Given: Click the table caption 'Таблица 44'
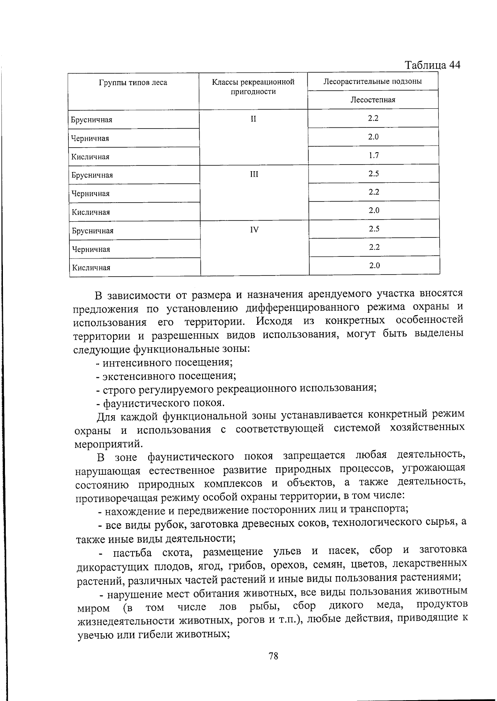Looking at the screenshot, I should tap(432, 65).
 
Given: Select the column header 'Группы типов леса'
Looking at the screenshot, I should tap(133, 83).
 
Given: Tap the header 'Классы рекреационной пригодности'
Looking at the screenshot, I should tap(253, 87).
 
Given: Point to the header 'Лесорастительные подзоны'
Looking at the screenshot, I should tap(373, 81).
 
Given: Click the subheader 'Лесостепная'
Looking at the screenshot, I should tap(373, 100).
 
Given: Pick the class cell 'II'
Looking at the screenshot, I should tap(253, 119).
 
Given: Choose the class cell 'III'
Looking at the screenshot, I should tap(254, 175).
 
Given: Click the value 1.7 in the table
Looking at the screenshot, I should tap(373, 156).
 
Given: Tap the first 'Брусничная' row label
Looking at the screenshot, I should tap(92, 120).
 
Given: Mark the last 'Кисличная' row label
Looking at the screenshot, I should tap(91, 268).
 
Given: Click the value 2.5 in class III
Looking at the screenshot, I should tap(374, 174).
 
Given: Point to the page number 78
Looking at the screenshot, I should tap(273, 656).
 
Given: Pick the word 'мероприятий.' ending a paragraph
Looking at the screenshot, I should tap(109, 444).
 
